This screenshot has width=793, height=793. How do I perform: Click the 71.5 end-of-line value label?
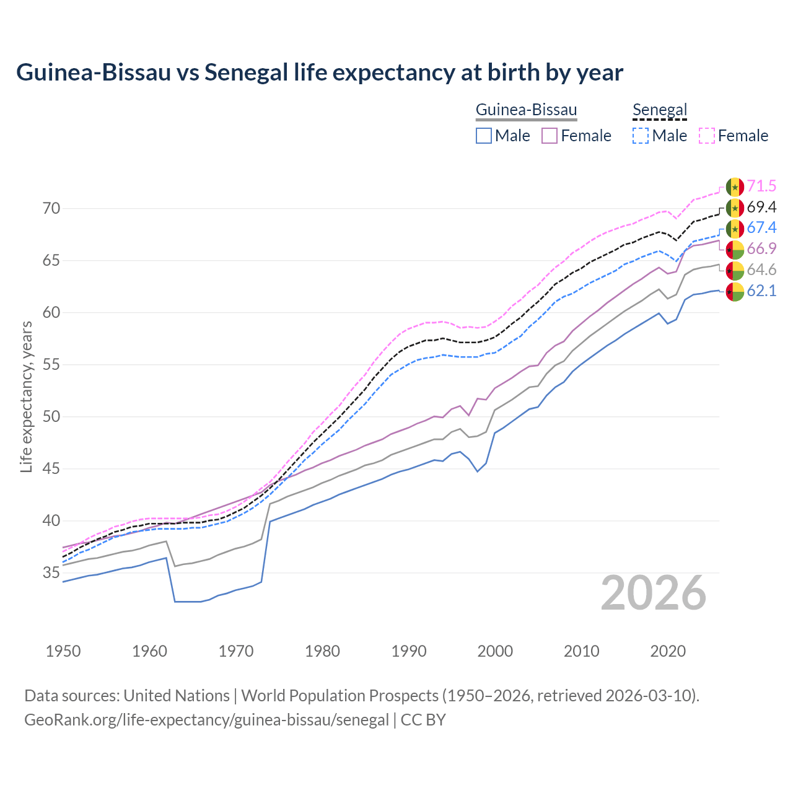pyautogui.click(x=761, y=186)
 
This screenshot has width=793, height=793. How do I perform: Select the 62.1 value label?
pyautogui.click(x=761, y=291)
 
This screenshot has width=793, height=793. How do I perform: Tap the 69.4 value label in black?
pyautogui.click(x=761, y=207)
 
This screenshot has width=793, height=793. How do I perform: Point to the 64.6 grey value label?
pyautogui.click(x=761, y=269)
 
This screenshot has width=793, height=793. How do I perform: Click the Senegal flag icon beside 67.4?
pyautogui.click(x=735, y=228)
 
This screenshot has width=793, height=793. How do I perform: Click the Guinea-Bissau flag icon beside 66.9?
pyautogui.click(x=735, y=249)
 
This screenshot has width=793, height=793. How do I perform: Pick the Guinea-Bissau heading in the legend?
pyautogui.click(x=526, y=110)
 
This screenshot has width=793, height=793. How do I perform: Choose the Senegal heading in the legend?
pyautogui.click(x=660, y=110)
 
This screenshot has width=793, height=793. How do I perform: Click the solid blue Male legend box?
pyautogui.click(x=484, y=136)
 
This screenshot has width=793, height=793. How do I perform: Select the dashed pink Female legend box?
pyautogui.click(x=707, y=136)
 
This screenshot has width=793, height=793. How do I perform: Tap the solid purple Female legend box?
pyautogui.click(x=550, y=136)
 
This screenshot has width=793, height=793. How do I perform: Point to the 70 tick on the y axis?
pyautogui.click(x=51, y=208)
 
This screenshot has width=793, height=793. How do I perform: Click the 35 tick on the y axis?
pyautogui.click(x=51, y=572)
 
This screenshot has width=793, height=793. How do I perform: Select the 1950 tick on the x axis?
pyautogui.click(x=63, y=651)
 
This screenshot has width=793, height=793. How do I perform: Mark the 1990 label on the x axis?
pyautogui.click(x=409, y=651)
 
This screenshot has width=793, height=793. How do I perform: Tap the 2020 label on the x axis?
pyautogui.click(x=668, y=651)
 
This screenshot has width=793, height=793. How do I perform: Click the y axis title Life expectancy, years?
pyautogui.click(x=26, y=396)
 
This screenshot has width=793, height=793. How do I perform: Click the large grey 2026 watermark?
pyautogui.click(x=654, y=593)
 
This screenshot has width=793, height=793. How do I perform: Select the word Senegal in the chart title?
pyautogui.click(x=246, y=72)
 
